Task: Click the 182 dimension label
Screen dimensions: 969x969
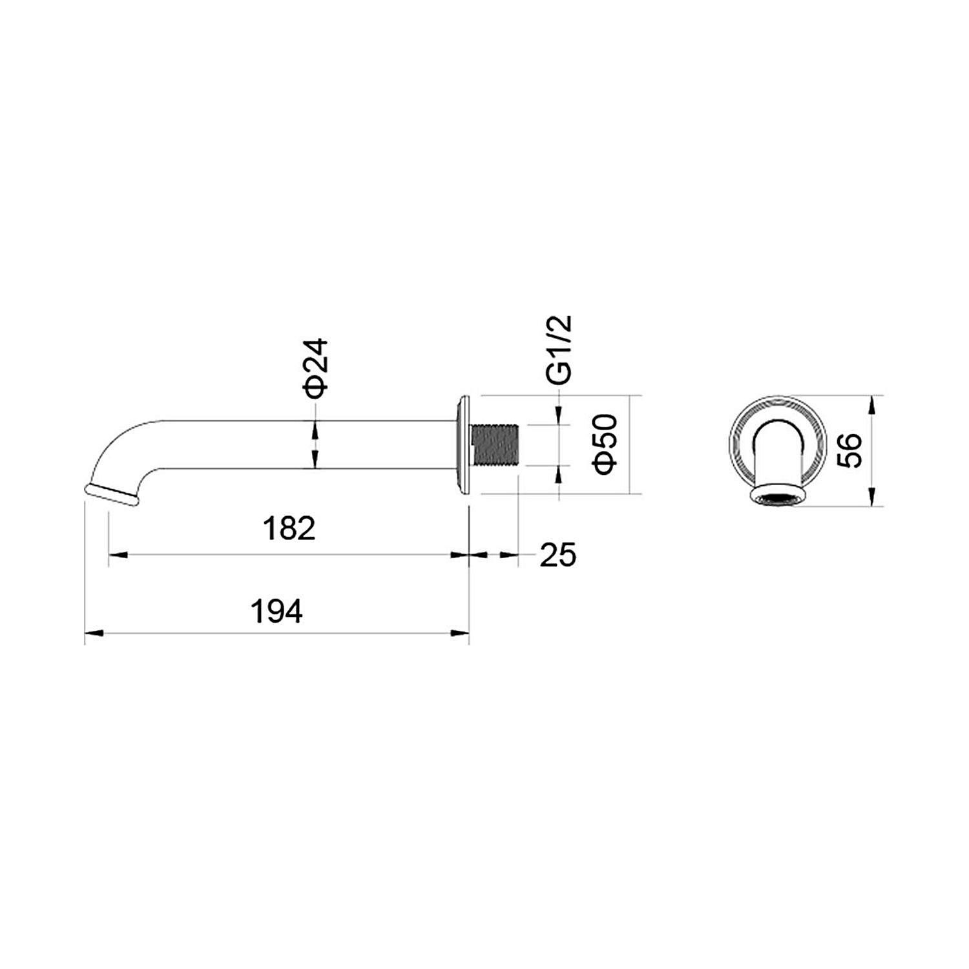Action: (x=289, y=528)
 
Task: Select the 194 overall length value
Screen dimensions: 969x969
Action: (x=276, y=611)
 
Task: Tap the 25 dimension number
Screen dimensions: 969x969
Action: (x=558, y=555)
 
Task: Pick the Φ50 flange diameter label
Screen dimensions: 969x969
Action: (x=608, y=444)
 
